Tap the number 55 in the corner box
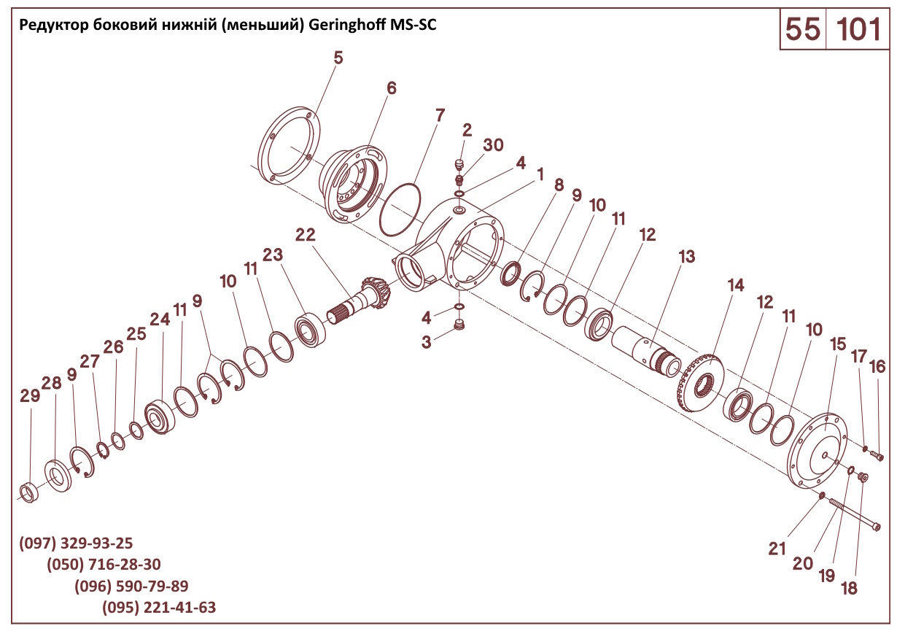point(802,29)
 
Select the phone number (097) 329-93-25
point(76,543)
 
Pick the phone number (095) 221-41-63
point(159,608)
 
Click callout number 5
point(338,58)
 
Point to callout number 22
point(306,234)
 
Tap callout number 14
point(736,285)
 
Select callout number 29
point(30,396)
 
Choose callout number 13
point(686,257)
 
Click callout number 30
point(494,145)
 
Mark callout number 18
point(850,588)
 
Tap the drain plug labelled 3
point(459,325)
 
